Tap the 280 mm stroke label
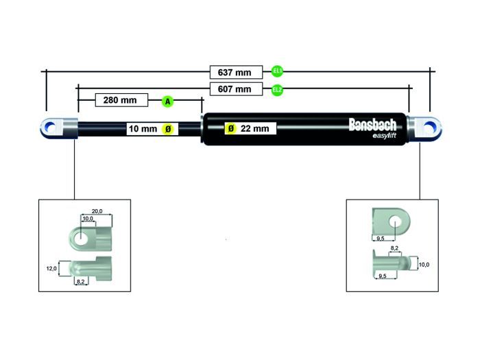120,101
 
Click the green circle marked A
167,101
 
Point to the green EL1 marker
277,71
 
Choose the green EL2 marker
277,89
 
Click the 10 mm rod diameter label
143,128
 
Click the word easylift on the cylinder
384,135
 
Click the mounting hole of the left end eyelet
50,127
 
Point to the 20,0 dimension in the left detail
97,212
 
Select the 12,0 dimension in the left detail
51,269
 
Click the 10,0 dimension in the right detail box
425,264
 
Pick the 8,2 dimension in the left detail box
80,282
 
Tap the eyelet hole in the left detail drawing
82,238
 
